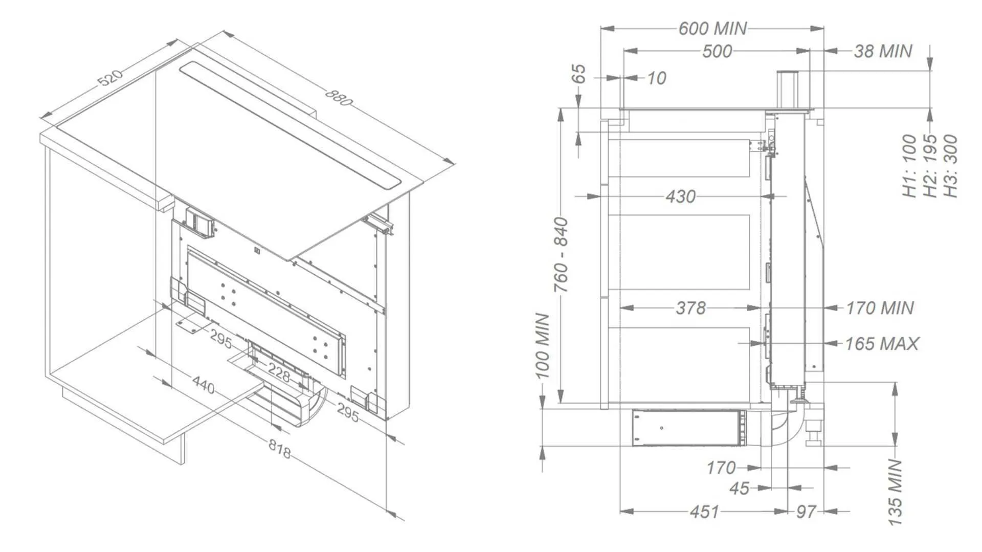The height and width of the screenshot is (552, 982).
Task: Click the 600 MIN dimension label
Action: click(x=712, y=28)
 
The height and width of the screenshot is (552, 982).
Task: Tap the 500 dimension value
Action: click(x=717, y=51)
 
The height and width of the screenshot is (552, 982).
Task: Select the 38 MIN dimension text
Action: click(x=883, y=51)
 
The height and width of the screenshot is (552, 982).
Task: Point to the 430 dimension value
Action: click(x=680, y=196)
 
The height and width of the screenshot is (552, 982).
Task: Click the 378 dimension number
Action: click(x=690, y=308)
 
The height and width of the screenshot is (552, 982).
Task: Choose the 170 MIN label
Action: click(x=880, y=308)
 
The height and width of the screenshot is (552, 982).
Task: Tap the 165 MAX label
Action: click(x=882, y=344)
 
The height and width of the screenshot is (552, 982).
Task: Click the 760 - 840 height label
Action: click(x=561, y=255)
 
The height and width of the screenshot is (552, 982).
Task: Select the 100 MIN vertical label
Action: click(x=542, y=346)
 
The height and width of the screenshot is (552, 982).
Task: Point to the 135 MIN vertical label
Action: click(x=895, y=492)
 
